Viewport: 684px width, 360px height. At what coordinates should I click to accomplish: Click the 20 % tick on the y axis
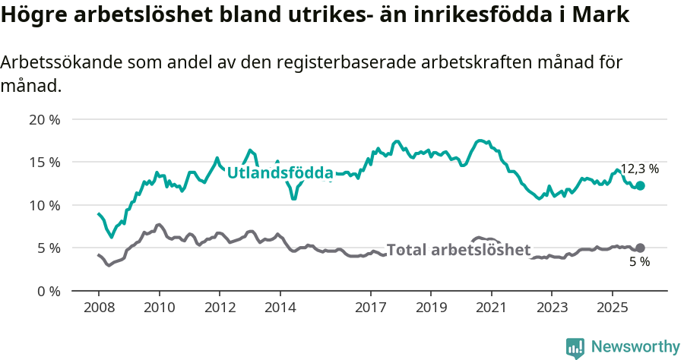(45, 119)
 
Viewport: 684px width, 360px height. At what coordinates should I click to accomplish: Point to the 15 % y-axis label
(45, 162)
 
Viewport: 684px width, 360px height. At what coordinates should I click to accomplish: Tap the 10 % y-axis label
(45, 205)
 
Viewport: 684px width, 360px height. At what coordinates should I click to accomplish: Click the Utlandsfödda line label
(280, 173)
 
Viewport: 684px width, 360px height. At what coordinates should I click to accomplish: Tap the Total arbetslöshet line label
(458, 250)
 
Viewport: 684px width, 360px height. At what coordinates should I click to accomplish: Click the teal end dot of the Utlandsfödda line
(641, 186)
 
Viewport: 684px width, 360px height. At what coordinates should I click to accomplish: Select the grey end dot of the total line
(641, 248)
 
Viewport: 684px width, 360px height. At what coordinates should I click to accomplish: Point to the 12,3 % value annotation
(640, 169)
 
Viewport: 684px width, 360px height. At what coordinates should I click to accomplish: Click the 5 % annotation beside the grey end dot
(641, 262)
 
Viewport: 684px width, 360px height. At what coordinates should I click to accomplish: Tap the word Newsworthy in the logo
(635, 346)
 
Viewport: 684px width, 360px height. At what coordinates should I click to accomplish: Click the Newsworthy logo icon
(575, 347)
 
